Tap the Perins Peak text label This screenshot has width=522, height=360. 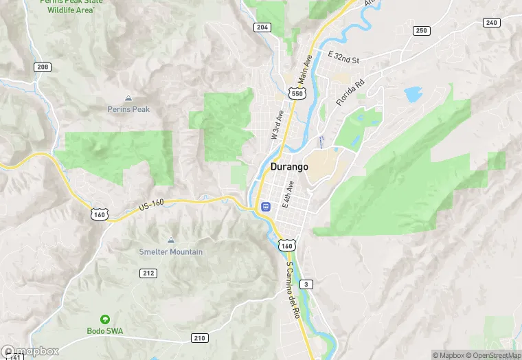tap(128, 109)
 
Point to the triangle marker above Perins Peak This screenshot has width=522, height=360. tap(128, 99)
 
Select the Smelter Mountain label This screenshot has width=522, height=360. tap(171, 252)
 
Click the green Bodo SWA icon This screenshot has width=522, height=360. tap(104, 319)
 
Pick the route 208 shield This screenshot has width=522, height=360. tap(43, 67)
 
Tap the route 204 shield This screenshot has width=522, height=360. tap(262, 27)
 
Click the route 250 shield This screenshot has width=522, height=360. tap(421, 31)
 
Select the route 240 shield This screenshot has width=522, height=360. tap(490, 23)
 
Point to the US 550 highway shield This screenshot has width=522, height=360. tap(297, 93)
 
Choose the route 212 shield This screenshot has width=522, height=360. tap(148, 273)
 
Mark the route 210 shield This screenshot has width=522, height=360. tap(199, 338)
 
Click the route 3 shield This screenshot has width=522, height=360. tap(306, 284)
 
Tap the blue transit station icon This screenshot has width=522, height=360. tap(265, 206)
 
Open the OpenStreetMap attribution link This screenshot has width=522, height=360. tap(494, 355)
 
